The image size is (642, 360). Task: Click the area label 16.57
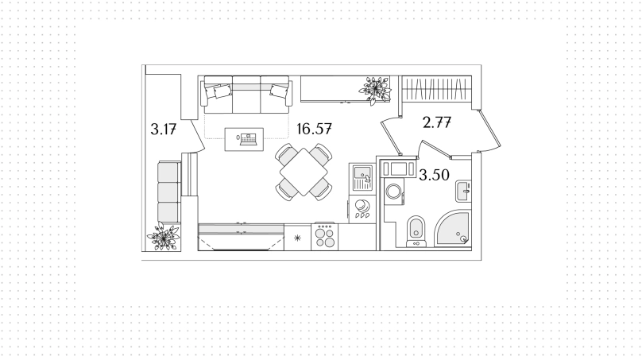[314, 129]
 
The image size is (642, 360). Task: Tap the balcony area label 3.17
[164, 130]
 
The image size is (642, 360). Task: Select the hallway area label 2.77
[437, 122]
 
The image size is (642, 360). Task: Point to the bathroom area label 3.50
[435, 176]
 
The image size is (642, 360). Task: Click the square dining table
[304, 172]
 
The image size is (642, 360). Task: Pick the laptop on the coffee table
[248, 139]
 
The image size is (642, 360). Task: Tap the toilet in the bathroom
[416, 232]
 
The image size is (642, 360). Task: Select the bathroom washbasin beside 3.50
[463, 192]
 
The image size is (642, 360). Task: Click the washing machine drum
[394, 192]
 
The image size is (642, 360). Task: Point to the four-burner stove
[325, 237]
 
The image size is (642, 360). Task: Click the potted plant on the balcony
[164, 236]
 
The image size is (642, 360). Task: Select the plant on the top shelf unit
[375, 90]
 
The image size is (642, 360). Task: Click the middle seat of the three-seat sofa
[246, 95]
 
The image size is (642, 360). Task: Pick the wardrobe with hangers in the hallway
[436, 89]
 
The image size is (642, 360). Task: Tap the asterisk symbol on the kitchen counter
[298, 238]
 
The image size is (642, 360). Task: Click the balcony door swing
[196, 136]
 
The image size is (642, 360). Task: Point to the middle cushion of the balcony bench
[168, 192]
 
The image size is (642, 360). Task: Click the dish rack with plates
[362, 209]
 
